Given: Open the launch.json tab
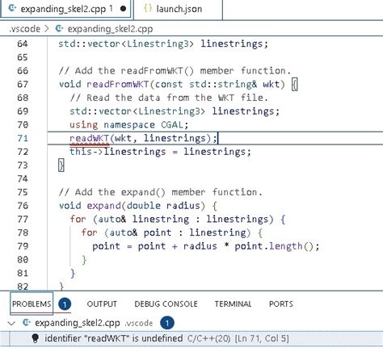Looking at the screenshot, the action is click(179, 9).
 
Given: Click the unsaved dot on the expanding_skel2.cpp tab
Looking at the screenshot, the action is click(123, 9).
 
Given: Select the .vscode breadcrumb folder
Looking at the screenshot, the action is click(24, 28).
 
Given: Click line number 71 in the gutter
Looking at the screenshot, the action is click(23, 138).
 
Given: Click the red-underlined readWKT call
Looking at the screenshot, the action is click(89, 138).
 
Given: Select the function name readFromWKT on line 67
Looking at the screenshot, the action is click(118, 84).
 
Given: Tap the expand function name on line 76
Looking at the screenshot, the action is click(103, 206).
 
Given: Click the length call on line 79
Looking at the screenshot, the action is click(286, 246).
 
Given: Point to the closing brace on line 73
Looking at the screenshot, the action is click(61, 165).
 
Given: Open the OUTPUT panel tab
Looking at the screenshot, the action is click(102, 304).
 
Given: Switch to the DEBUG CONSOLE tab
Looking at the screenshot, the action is click(166, 304).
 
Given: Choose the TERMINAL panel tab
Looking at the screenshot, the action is click(233, 304).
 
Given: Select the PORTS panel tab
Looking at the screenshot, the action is click(281, 304).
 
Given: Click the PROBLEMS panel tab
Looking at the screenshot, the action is click(32, 304).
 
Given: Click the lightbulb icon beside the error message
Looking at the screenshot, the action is click(35, 338).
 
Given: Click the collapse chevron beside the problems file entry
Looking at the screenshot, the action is click(11, 323).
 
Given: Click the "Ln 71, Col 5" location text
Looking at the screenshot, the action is click(262, 338).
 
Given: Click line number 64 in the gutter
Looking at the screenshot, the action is click(23, 44).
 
